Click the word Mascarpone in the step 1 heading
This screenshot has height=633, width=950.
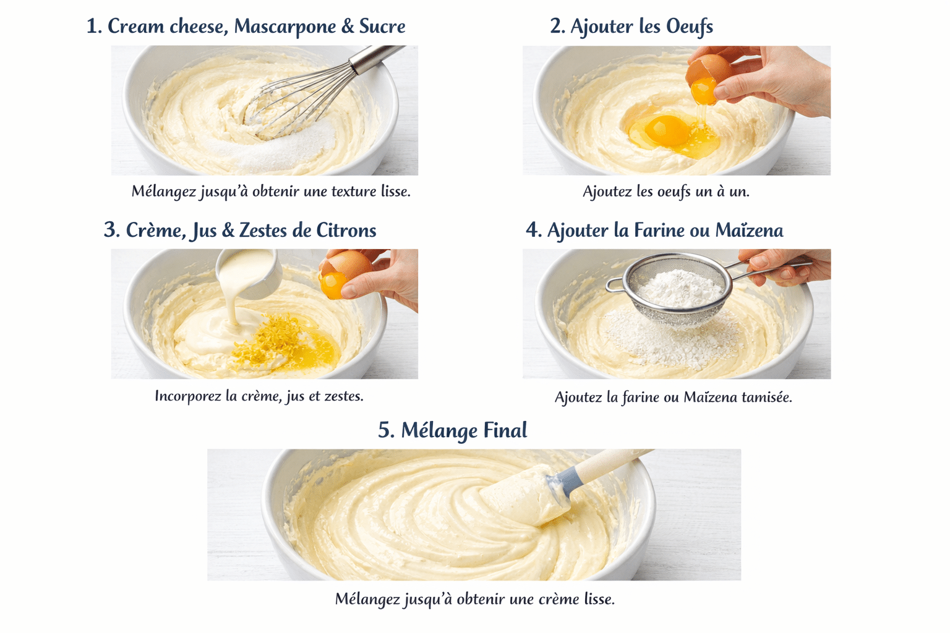click(x=285, y=27)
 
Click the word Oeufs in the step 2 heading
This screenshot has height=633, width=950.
click(x=689, y=27)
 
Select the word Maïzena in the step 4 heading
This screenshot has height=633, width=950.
click(x=749, y=231)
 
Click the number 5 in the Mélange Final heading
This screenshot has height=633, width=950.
click(x=385, y=430)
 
